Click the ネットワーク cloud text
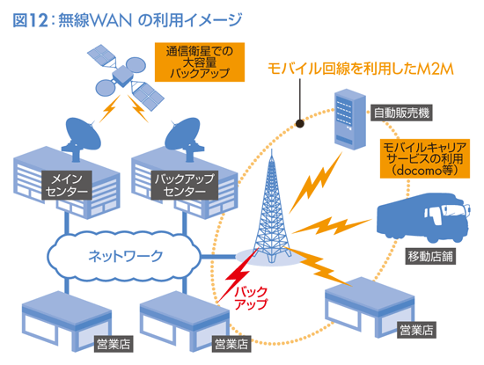pyautogui.click(x=126, y=256)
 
